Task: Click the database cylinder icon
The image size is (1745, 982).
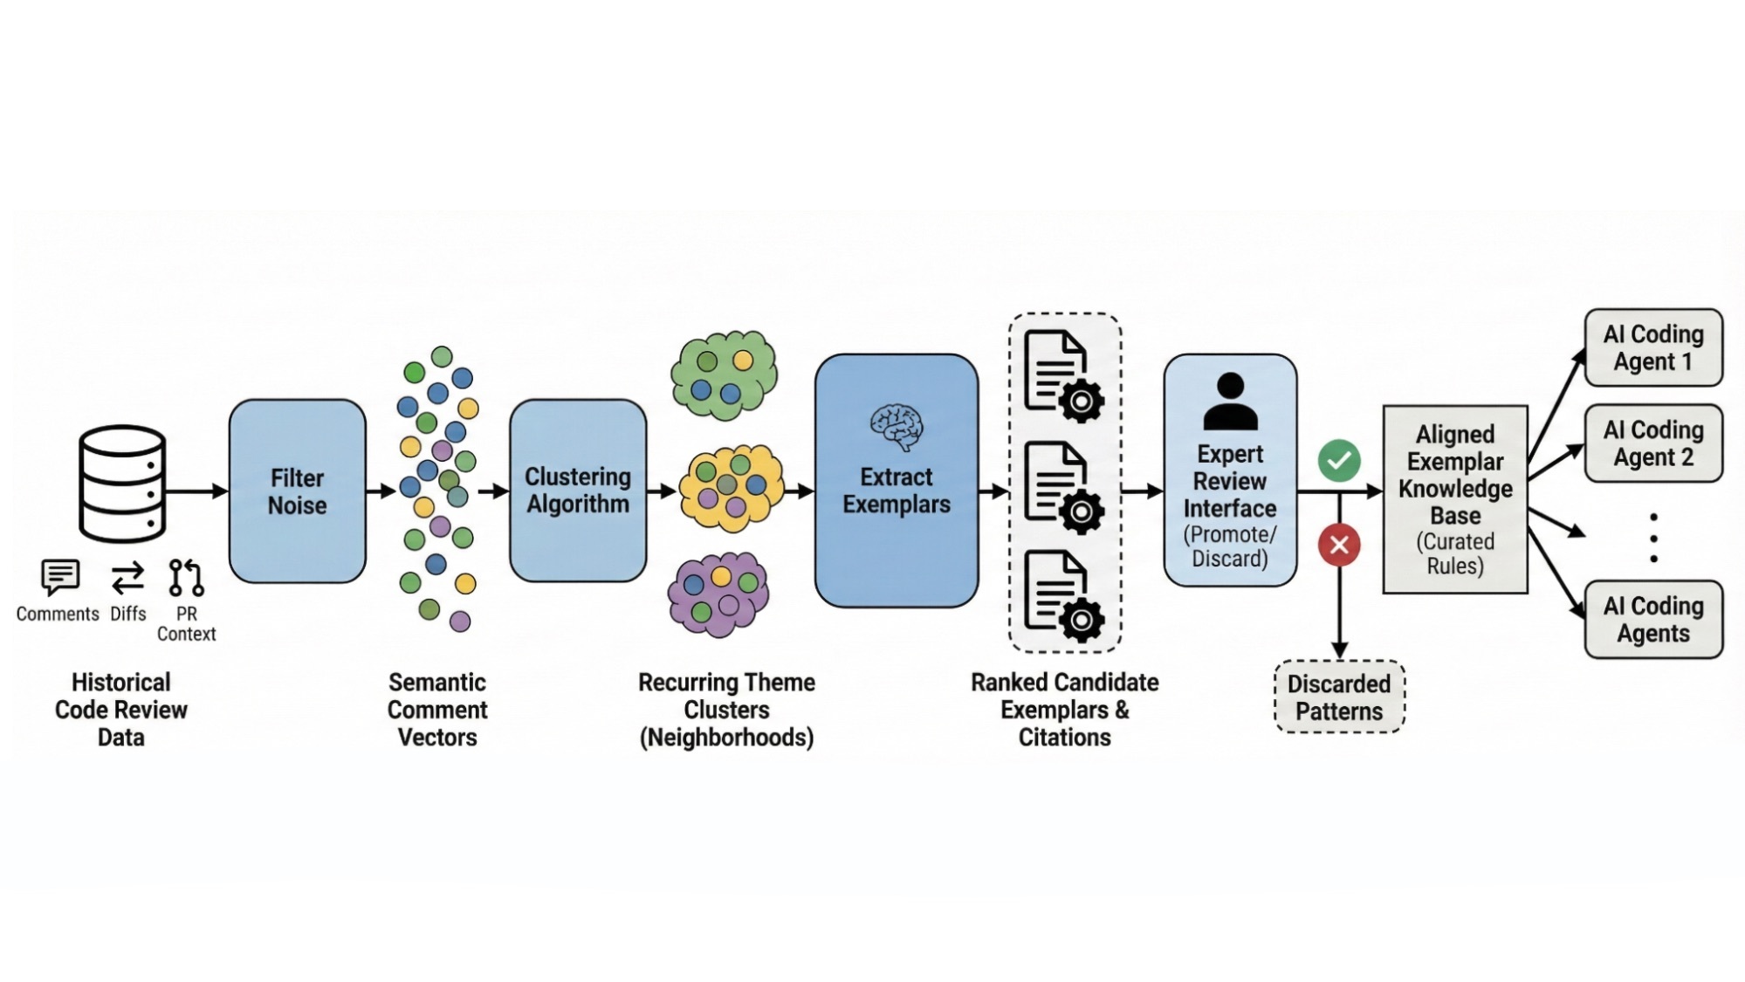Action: (x=122, y=484)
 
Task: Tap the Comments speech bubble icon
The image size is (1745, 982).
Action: (x=60, y=577)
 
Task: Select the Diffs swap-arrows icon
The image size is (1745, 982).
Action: (x=127, y=578)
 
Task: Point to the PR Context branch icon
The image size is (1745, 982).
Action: (x=186, y=578)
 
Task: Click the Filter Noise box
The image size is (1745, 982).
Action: (x=297, y=491)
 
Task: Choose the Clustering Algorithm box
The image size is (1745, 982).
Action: (x=578, y=491)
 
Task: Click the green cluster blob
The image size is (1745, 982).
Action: (x=724, y=374)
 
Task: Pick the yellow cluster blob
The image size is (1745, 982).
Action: (x=730, y=488)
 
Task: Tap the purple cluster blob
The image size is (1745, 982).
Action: (x=718, y=595)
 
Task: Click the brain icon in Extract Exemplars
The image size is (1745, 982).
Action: (x=896, y=426)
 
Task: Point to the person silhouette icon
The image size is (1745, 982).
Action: (x=1230, y=402)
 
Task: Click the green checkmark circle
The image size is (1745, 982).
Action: (x=1339, y=461)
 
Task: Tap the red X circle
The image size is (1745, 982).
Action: (x=1339, y=546)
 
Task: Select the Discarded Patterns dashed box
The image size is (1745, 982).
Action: (x=1339, y=697)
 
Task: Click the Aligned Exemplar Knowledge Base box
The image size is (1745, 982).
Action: (x=1455, y=499)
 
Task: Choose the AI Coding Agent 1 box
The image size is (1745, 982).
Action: (x=1653, y=347)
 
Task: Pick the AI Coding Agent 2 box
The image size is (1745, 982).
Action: (x=1653, y=443)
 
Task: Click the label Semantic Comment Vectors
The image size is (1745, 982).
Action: (x=437, y=710)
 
